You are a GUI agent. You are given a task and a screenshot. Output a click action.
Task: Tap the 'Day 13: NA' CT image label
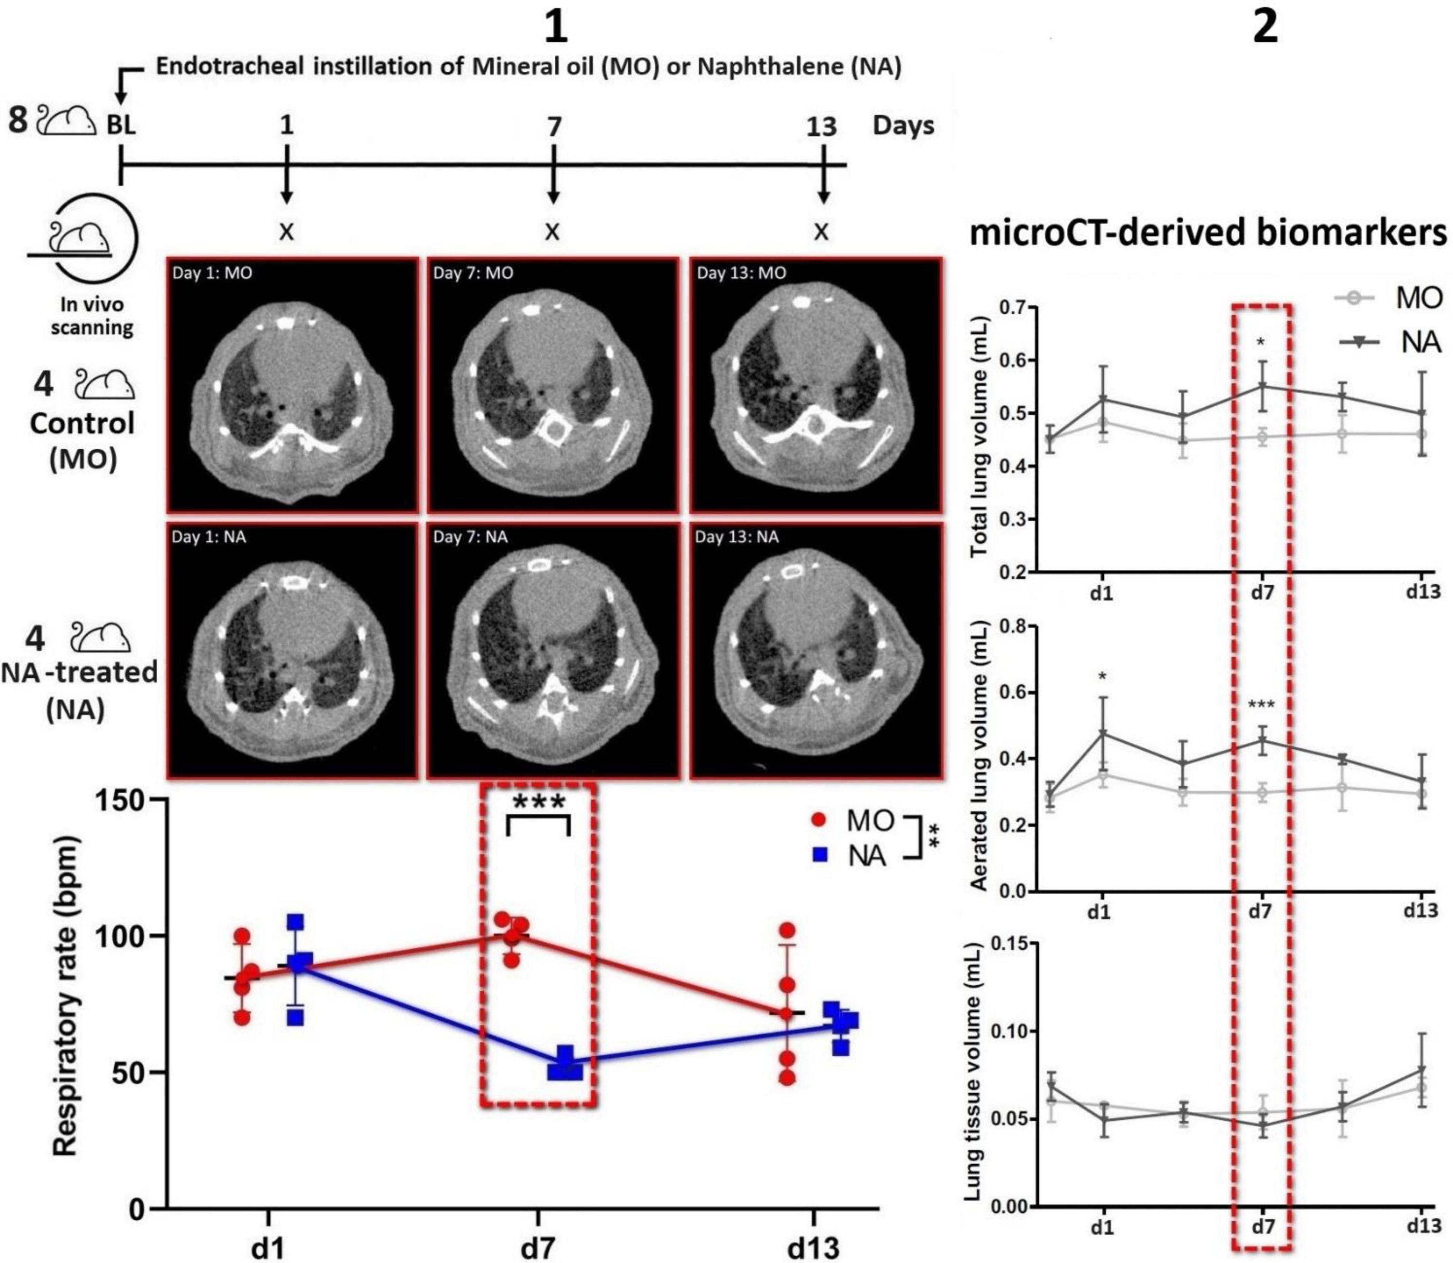point(737,537)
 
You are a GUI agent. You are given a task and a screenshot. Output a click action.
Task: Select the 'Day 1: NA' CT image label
point(209,537)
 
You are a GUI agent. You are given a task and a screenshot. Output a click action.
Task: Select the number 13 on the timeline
point(821,127)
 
